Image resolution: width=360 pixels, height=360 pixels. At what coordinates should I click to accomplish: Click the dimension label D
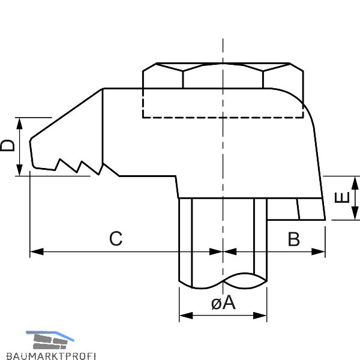pos(8,146)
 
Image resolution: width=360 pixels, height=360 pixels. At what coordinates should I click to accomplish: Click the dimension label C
pos(116,239)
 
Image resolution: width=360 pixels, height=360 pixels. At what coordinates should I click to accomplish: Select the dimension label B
pos(293,239)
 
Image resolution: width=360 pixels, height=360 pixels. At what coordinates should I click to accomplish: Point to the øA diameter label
pos(223,303)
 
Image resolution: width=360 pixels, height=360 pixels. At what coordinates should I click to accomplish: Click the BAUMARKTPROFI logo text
pos(48,353)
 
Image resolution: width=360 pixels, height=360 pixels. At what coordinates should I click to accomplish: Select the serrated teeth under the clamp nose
pos(78,166)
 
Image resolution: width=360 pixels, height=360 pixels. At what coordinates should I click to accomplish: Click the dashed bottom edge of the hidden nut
pos(222,117)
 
